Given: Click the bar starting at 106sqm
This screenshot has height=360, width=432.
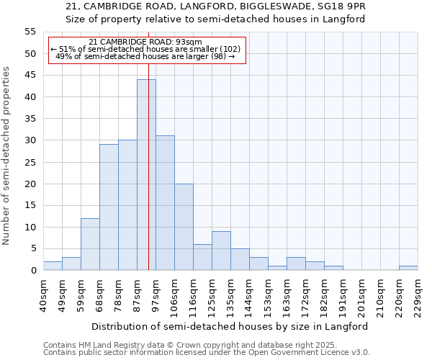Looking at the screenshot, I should pos(184,227).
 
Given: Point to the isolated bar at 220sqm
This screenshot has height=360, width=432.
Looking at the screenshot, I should pos(408,268).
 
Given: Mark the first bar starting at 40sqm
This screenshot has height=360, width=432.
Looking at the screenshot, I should pos(53,266).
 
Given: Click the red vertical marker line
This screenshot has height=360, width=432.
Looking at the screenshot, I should pos(148,144).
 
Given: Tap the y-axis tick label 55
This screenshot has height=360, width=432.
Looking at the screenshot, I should pos(30,32).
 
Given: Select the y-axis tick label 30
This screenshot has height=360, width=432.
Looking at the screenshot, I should pos(30,140).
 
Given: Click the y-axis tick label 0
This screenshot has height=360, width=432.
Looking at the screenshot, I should pos(32,271).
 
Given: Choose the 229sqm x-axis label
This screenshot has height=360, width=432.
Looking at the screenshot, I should pos(418,294).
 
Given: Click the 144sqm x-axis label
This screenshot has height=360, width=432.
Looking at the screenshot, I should pos(250,294).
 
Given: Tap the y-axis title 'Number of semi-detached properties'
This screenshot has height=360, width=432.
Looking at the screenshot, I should pos(7,156).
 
